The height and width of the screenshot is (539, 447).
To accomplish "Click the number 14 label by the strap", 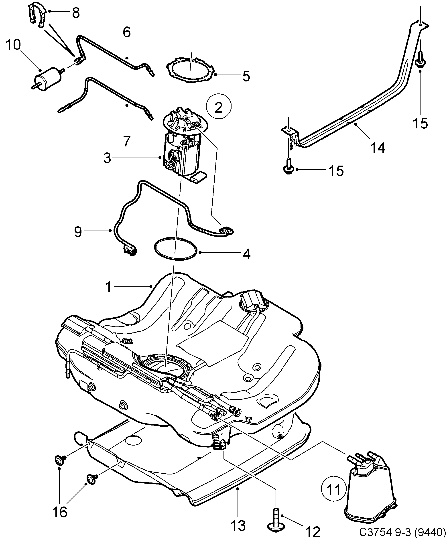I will (378, 148).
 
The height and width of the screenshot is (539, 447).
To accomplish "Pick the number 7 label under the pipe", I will (126, 141).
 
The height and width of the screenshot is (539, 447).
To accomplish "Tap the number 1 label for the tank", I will (108, 287).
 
